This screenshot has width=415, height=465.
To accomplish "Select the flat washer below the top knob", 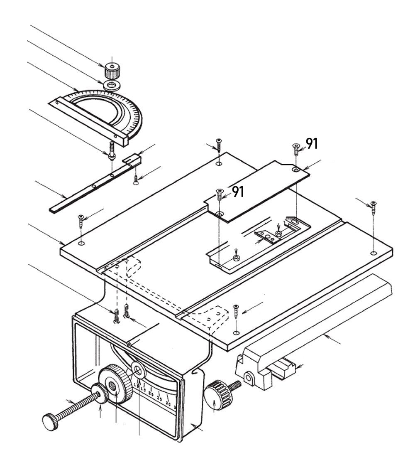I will tap(111, 86).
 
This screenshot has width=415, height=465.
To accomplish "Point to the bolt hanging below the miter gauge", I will tap(112, 150).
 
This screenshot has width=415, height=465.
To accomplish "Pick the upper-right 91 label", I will tap(312, 143).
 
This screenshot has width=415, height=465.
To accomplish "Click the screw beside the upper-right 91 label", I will tap(295, 148).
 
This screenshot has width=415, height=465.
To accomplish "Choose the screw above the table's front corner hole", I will tap(236, 310).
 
